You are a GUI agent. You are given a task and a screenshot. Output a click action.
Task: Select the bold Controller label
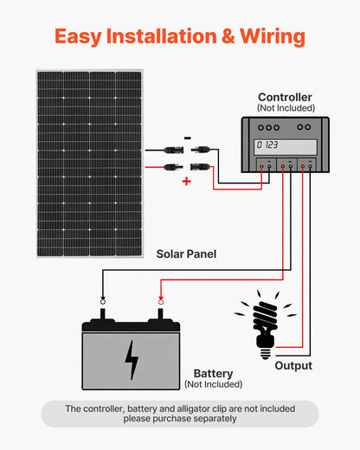point(285,97)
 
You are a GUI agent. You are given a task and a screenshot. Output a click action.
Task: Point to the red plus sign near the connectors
point(186,182)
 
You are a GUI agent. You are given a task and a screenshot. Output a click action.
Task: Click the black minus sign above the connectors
point(188,137)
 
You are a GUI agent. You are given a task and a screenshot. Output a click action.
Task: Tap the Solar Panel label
point(186,254)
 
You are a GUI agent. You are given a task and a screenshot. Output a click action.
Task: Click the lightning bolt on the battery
point(132,360)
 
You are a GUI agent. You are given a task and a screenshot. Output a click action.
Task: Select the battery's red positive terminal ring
point(159,300)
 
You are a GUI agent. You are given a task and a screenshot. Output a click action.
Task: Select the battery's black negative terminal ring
point(103,300)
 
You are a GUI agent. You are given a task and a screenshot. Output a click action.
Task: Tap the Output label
point(293,365)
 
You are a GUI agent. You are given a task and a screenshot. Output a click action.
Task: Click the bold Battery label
point(213,373)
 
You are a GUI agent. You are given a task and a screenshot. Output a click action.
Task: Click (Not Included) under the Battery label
point(213,384)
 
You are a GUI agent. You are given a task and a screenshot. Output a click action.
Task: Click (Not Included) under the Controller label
point(285,107)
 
